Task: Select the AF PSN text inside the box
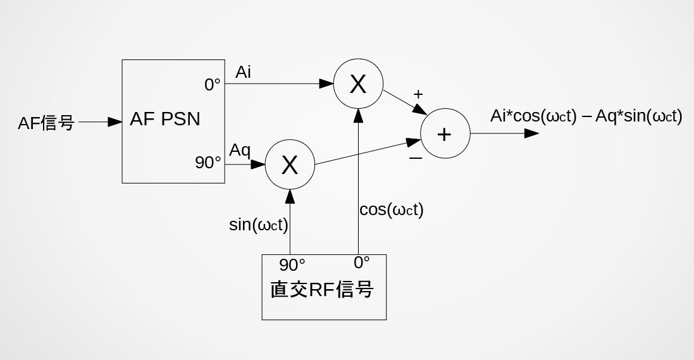[164, 118]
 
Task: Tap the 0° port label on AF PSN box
[213, 85]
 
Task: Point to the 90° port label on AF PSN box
[208, 163]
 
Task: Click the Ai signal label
[244, 72]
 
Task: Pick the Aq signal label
[240, 151]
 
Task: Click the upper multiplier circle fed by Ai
[357, 84]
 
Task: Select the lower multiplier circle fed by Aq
[289, 164]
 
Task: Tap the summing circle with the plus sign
[445, 133]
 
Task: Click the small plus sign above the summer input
[418, 94]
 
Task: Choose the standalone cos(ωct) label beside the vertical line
[391, 210]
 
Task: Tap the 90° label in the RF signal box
[292, 264]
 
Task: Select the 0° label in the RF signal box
[362, 263]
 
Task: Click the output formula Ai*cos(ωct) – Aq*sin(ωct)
[586, 116]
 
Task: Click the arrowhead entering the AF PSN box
[115, 122]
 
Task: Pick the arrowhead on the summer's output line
[531, 133]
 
